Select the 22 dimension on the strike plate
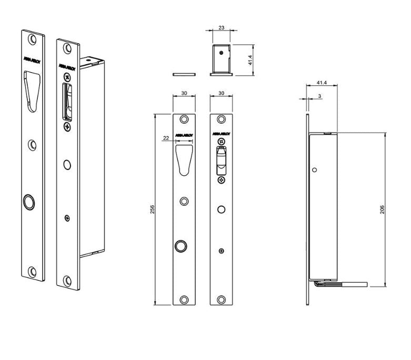(x=166, y=138)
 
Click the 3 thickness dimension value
(x=320, y=96)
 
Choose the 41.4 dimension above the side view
(x=322, y=83)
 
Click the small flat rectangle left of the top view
(x=184, y=74)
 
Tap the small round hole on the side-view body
(x=315, y=170)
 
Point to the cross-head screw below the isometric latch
(x=66, y=127)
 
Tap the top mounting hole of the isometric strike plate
(x=33, y=39)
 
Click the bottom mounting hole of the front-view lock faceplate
(x=221, y=299)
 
